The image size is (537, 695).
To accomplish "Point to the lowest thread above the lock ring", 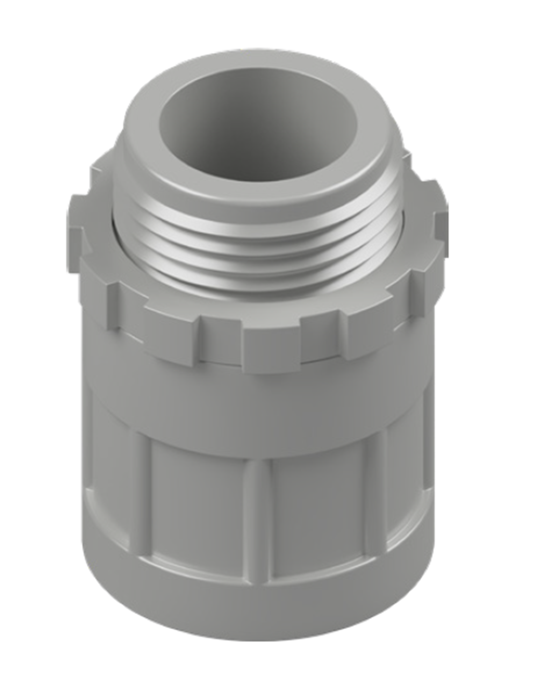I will click(261, 283).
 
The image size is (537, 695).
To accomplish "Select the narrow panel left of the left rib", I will click(108, 477).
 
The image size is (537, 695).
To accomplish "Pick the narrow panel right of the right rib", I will click(406, 477).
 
